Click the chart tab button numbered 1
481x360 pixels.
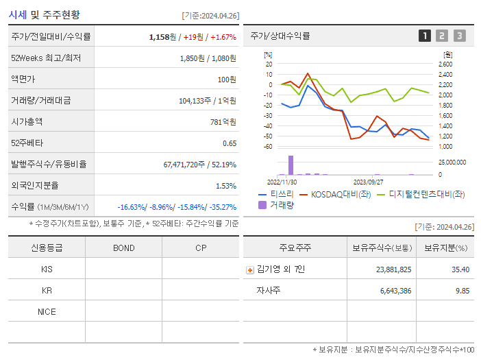click(425, 36)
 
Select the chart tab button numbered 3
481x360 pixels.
click(459, 36)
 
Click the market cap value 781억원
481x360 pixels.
click(223, 122)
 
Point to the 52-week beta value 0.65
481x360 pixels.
click(229, 143)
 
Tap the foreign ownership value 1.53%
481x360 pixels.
click(225, 186)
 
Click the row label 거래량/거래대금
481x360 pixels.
click(40, 101)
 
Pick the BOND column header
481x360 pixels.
click(123, 248)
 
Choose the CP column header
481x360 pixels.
click(200, 248)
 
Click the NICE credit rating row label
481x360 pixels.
click(47, 311)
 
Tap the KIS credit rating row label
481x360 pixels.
click(47, 269)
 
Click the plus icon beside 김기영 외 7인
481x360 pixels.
click(250, 269)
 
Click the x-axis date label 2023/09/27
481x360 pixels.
click(368, 182)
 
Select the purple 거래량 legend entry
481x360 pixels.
click(277, 205)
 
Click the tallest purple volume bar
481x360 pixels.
click(291, 165)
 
